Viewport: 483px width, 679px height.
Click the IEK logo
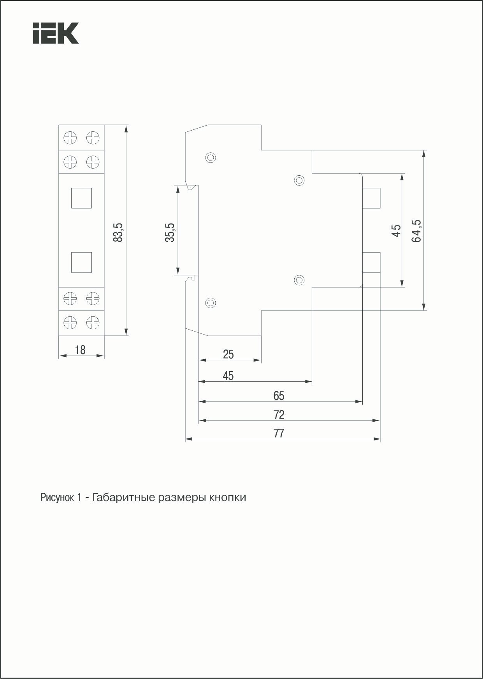[x=56, y=33]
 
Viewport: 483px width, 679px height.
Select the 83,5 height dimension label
[x=118, y=232]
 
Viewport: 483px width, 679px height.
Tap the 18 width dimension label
[x=80, y=350]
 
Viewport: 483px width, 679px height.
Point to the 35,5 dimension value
[x=170, y=232]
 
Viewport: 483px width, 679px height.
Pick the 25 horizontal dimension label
[x=228, y=354]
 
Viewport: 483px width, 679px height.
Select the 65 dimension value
[x=279, y=396]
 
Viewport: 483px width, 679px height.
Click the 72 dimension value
[x=279, y=415]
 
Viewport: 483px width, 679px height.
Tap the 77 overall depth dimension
[x=279, y=433]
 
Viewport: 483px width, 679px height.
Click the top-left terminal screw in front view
[x=70, y=138]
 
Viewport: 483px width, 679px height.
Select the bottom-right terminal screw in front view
[x=93, y=322]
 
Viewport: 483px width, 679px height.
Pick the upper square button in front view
[x=81, y=198]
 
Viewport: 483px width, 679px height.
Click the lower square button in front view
[x=81, y=262]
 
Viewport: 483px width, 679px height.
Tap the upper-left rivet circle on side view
[x=211, y=157]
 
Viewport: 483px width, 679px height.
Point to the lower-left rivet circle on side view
[x=211, y=302]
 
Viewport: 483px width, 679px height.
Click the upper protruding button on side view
[x=371, y=198]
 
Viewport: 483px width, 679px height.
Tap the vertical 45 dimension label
[x=397, y=230]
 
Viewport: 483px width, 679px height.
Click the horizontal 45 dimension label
[x=228, y=375]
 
